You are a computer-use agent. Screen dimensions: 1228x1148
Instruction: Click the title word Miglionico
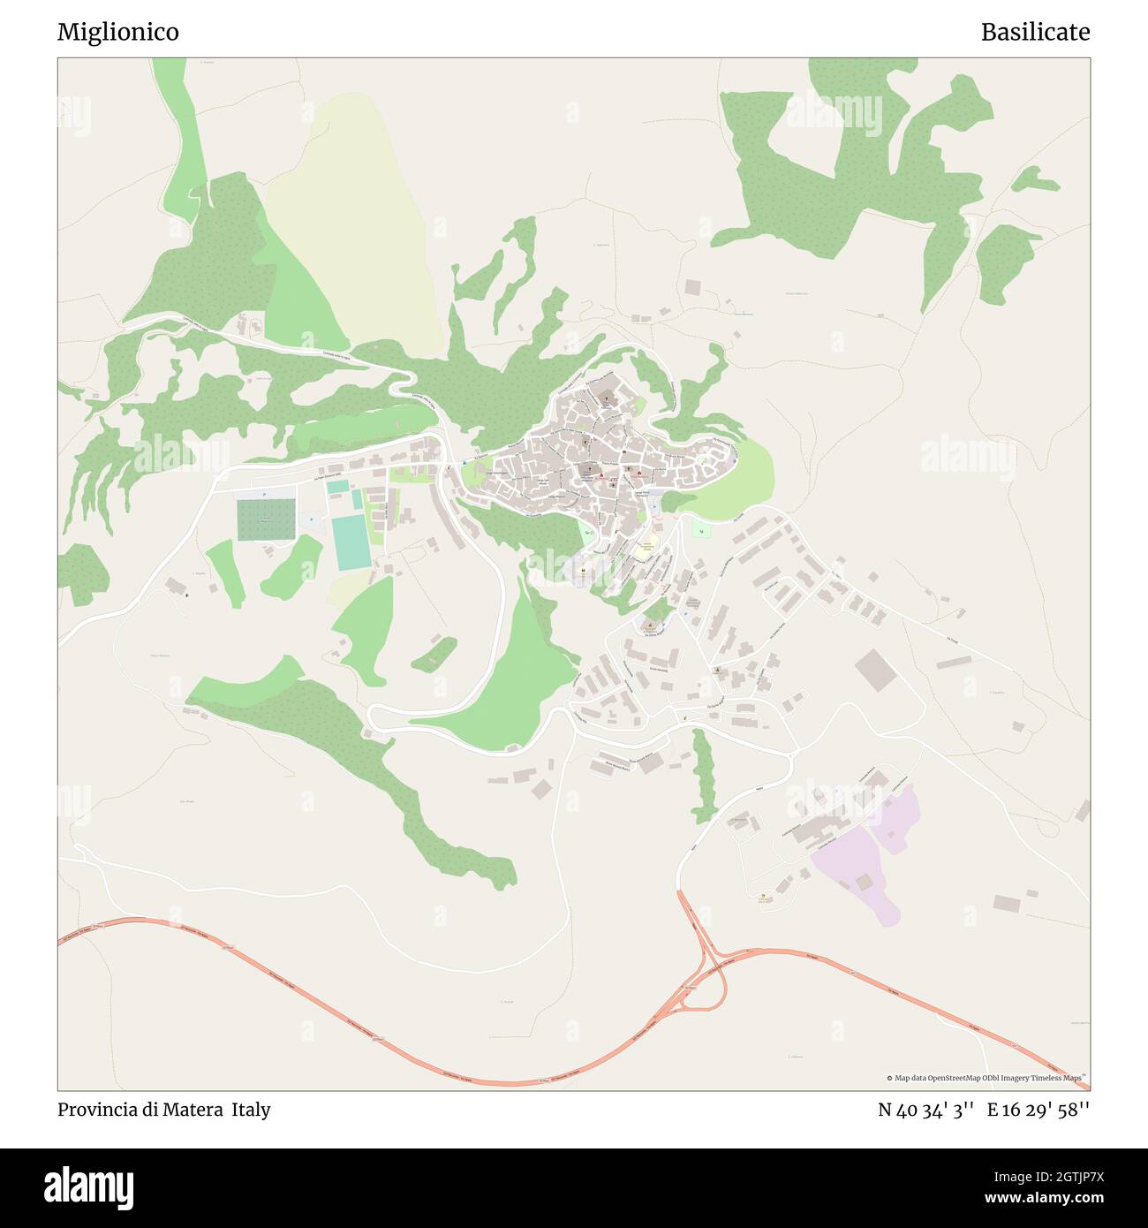(x=117, y=32)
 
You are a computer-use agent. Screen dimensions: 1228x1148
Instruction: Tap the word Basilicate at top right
(x=1035, y=32)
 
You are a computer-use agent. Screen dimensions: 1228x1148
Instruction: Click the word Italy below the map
(x=252, y=1110)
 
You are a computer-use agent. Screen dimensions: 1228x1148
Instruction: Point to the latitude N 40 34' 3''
(x=925, y=1110)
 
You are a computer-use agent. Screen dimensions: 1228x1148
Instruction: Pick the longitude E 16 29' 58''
(x=1039, y=1110)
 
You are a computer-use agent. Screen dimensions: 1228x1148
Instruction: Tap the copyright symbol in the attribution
(x=890, y=1078)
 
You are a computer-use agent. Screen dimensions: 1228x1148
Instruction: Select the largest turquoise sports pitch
(x=351, y=542)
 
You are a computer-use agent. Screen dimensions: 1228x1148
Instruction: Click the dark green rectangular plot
(x=266, y=519)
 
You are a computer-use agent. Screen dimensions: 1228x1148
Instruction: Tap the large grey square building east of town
(x=875, y=670)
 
